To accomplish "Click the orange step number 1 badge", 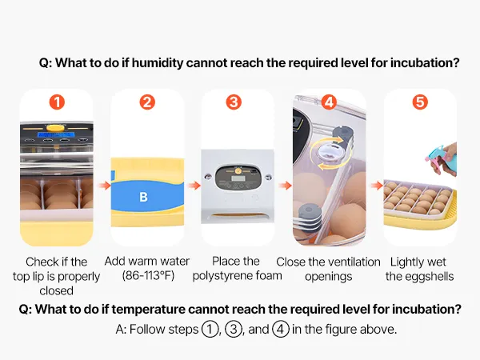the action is coord(57,102).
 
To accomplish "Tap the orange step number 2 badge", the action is coord(147,102).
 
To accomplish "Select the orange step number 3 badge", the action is coord(234,102).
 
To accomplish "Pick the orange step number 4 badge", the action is coord(329,102).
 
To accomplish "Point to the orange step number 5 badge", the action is coord(420,102).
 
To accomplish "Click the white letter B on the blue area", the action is coord(143,197).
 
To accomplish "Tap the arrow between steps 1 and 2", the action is coord(104,186).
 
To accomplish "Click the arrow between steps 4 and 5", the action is coord(377,186).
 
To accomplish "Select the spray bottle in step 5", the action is coord(441,160).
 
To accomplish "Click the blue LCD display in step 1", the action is coord(56,134).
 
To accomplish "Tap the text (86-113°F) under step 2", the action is coord(148,275).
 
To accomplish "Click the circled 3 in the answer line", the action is coord(234,329).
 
